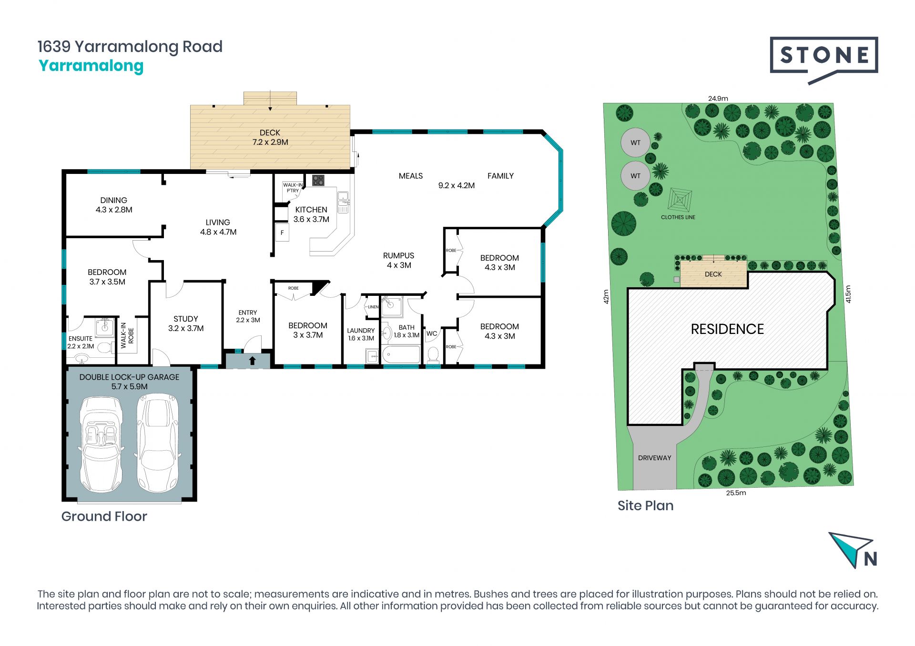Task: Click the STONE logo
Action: pyautogui.click(x=824, y=60)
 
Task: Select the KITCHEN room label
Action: pyautogui.click(x=311, y=210)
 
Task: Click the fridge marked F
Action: pyautogui.click(x=283, y=232)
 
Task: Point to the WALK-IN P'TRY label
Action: pyautogui.click(x=293, y=188)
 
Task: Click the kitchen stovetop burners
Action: pyautogui.click(x=318, y=180)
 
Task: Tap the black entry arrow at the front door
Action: pyautogui.click(x=253, y=361)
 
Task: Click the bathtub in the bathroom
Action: pyautogui.click(x=401, y=355)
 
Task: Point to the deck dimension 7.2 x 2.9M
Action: pyautogui.click(x=270, y=142)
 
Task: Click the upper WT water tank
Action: pyautogui.click(x=636, y=142)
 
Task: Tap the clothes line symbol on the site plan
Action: pyautogui.click(x=680, y=200)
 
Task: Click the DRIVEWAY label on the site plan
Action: pyautogui.click(x=655, y=458)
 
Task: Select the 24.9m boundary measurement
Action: pyautogui.click(x=718, y=99)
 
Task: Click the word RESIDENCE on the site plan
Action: pyautogui.click(x=727, y=329)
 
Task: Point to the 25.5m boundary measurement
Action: pyautogui.click(x=736, y=493)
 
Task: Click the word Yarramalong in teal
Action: pyautogui.click(x=91, y=66)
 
